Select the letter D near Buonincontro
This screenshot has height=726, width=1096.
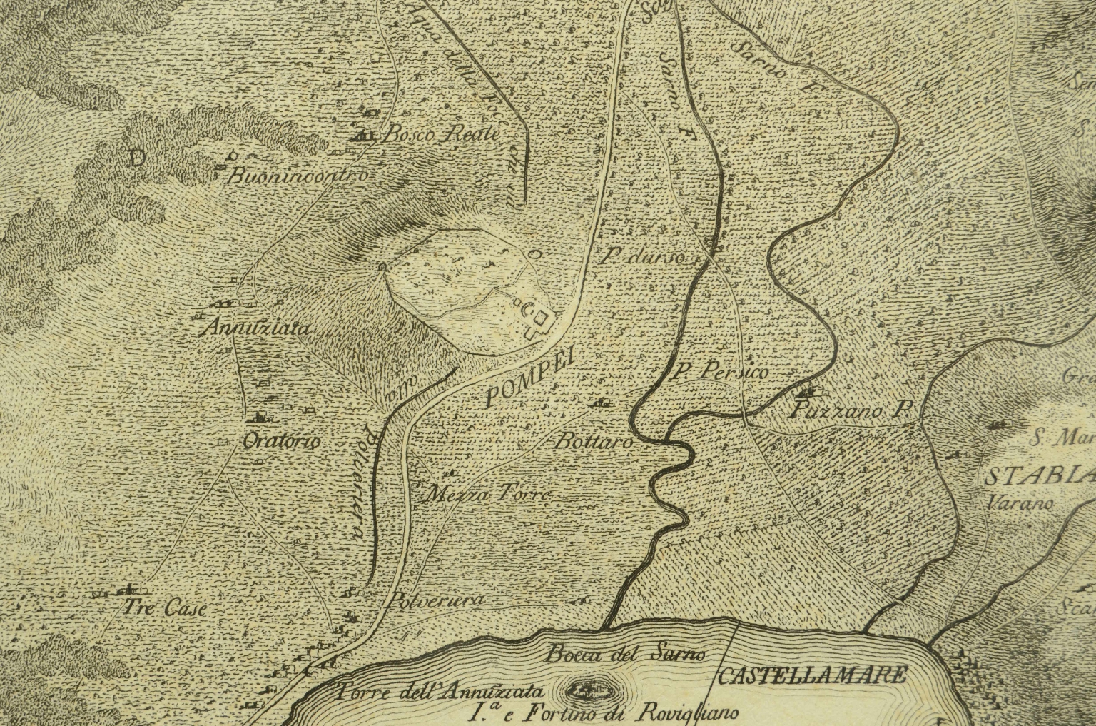[136, 158]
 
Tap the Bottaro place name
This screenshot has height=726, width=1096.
[594, 443]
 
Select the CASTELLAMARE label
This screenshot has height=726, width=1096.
[811, 675]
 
